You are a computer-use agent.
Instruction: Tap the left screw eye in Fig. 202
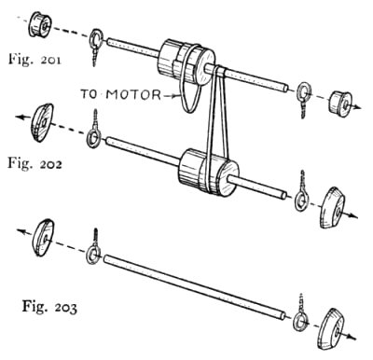point(94,137)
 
